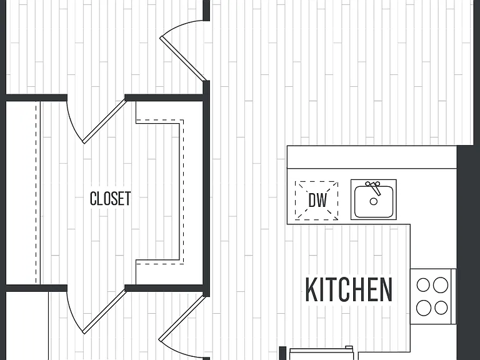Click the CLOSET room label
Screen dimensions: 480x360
[x=110, y=198]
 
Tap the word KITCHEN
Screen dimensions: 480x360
[x=349, y=289]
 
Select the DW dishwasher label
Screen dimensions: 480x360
[x=317, y=201]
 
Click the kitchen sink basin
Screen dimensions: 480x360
[x=374, y=201]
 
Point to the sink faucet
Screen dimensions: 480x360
[x=374, y=187]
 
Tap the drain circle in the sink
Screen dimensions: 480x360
[x=374, y=201]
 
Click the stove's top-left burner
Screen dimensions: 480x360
[x=423, y=285]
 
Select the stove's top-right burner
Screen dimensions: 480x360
[x=441, y=285]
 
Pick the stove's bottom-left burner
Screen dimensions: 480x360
[x=424, y=307]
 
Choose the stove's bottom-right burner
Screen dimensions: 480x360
[x=441, y=307]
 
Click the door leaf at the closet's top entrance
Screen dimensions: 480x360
[x=104, y=121]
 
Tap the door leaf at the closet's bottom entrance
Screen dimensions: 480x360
[x=104, y=311]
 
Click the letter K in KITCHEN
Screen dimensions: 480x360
[x=311, y=289]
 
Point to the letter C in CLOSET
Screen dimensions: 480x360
[x=93, y=198]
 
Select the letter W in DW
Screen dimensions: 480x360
[x=322, y=201]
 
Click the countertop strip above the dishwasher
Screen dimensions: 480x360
[x=372, y=157]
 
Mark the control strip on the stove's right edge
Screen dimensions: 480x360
[x=454, y=296]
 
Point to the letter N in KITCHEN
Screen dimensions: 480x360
[x=387, y=289]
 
